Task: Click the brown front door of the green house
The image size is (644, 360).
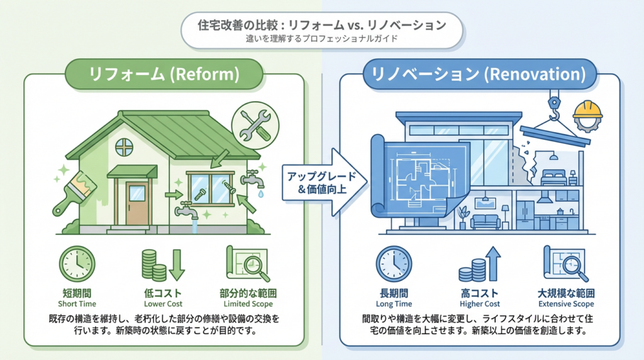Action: coord(136,203)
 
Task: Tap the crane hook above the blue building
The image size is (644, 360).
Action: coord(555,106)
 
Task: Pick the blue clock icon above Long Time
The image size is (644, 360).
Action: coord(394,264)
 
